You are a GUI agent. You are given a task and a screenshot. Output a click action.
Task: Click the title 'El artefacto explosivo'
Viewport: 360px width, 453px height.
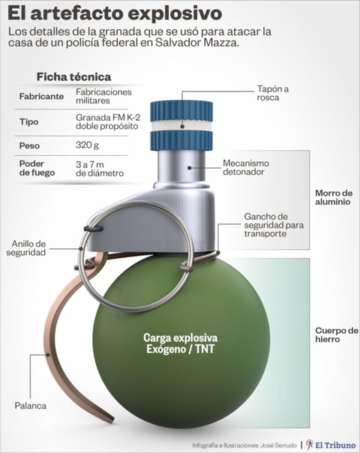coord(115,13)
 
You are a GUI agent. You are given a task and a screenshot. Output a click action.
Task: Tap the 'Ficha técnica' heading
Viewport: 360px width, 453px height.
coord(73,76)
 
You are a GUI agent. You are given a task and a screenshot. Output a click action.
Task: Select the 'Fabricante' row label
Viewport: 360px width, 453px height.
coord(41,96)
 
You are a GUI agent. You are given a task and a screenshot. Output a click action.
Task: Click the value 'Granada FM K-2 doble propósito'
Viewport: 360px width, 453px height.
coord(108,121)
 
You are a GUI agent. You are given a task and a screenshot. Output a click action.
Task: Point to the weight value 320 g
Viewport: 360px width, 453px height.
coord(87,145)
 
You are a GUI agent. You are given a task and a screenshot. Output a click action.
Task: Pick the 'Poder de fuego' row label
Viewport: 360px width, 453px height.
coord(37,168)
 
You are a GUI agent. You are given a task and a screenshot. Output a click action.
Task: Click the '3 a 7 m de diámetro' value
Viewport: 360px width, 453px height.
coord(100,169)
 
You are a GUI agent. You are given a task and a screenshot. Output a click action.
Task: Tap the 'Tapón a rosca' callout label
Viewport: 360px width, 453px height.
coord(272,93)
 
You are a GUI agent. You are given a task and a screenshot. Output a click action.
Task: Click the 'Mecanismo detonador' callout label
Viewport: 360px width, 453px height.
coord(245,167)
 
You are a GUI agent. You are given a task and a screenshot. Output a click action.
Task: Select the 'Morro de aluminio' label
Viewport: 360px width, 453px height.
coord(334,197)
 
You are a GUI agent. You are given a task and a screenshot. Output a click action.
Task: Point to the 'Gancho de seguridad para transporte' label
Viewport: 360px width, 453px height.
coord(274,225)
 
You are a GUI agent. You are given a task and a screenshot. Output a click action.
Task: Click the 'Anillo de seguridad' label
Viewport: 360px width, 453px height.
coord(26,248)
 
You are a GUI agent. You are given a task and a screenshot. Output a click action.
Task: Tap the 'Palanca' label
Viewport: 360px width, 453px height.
coord(30,406)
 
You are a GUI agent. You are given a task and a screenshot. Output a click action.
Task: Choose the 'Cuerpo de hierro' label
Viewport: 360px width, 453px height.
coord(337,334)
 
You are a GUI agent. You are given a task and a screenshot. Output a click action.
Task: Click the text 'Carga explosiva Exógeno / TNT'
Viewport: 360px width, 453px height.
coord(180,343)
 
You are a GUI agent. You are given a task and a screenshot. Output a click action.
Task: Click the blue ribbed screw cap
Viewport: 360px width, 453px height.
coord(181,126)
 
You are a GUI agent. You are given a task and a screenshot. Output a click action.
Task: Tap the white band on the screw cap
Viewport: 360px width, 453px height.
coord(181,126)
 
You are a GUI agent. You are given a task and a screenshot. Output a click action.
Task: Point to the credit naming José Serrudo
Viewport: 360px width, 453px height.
coord(244,445)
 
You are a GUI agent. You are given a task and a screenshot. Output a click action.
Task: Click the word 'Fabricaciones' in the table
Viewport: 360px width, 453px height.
coord(103,91)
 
